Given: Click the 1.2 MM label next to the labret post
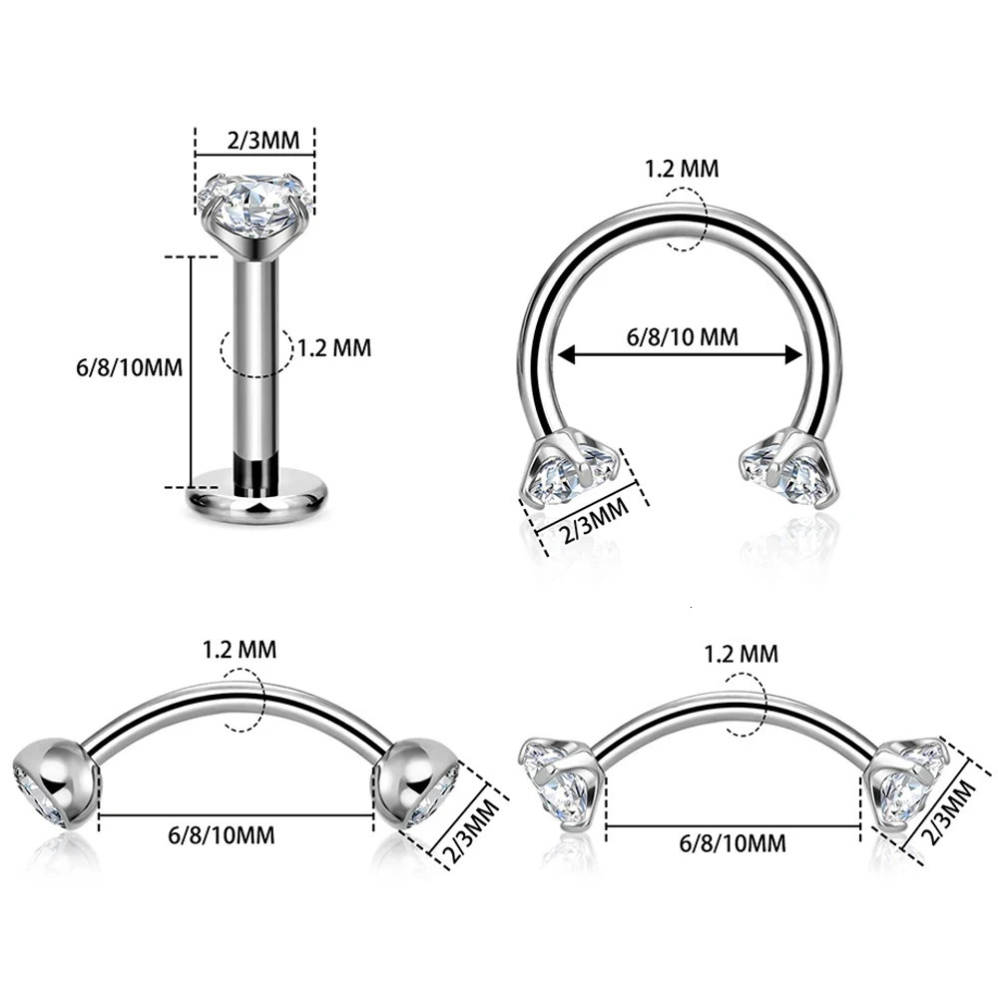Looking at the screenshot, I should [x=334, y=348].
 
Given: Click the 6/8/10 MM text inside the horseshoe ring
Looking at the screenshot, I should [x=683, y=336].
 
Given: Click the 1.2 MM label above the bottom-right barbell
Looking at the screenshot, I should [x=741, y=655].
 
